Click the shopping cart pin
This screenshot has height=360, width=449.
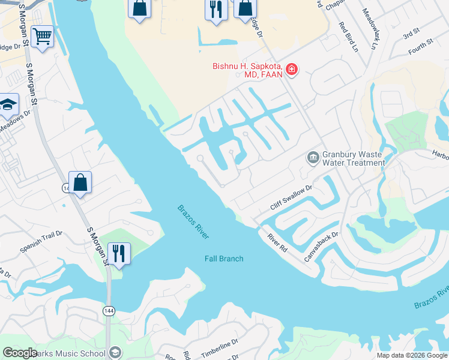pos(42,37)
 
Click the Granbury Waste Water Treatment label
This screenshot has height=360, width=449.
pos(354,158)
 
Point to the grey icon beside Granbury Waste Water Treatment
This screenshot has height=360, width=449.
pos(313,158)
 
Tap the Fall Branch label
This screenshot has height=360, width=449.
pos(224,259)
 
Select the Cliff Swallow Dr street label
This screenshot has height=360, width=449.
pos(292,197)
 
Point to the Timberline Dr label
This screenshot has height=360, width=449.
pos(220,348)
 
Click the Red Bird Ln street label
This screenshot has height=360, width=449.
pos(348,37)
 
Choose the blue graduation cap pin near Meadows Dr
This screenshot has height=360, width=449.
pos(8,106)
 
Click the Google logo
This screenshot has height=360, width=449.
pos(20,353)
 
